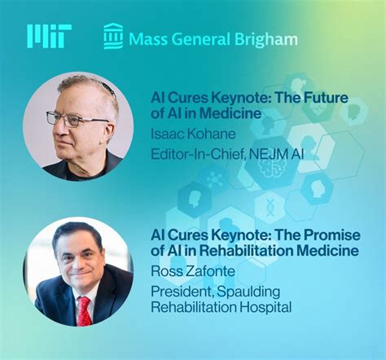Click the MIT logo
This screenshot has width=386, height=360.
[49, 36]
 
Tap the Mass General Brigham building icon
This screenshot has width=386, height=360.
[113, 37]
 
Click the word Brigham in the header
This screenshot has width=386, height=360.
[269, 38]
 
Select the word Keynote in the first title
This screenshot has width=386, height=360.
[217, 97]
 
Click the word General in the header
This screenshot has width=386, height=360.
[204, 38]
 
